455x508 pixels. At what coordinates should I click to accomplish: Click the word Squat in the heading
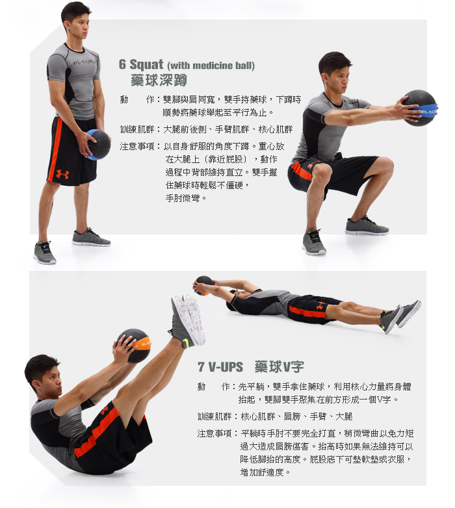coord(146,64)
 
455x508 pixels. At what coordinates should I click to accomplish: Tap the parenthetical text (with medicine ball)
coord(211,66)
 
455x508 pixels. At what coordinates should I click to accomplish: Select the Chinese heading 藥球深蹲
coord(159,80)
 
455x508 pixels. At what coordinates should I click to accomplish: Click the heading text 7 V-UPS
coord(220,367)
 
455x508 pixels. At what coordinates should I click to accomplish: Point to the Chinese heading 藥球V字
coord(279,367)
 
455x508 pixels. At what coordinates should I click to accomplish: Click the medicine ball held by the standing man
coord(98,144)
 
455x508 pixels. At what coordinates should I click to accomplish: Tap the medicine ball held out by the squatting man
coord(420,108)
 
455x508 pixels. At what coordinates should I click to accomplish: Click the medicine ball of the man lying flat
coord(203,285)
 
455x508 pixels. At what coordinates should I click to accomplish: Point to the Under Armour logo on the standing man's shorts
coord(62,174)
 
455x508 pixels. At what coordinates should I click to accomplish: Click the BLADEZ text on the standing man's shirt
coord(84,62)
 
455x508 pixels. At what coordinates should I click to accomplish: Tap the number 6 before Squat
coord(122,64)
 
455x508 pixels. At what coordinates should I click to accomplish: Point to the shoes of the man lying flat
coord(401,316)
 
